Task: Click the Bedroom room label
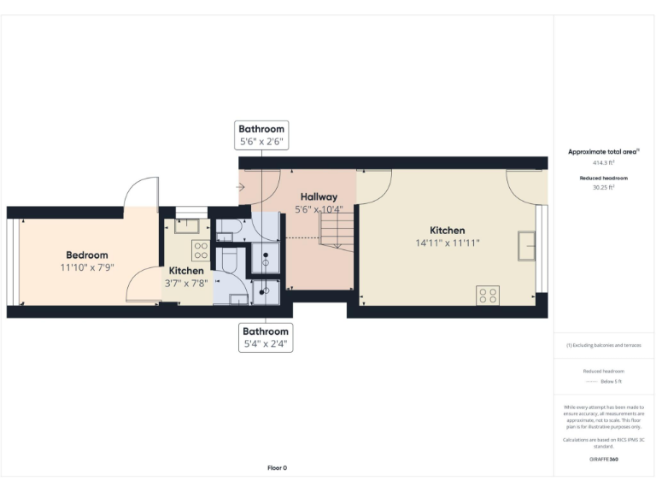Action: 87,255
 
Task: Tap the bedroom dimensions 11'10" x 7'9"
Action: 87,267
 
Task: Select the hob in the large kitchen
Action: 488,295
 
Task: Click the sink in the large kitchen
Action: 525,246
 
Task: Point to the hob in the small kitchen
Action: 201,250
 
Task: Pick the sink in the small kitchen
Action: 187,226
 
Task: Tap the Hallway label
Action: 319,196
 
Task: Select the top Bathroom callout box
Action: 261,135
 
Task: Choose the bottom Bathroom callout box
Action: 266,337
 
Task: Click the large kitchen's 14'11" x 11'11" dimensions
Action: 447,243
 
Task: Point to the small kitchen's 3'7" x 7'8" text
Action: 186,283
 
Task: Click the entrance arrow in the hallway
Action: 243,186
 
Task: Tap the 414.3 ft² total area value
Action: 604,161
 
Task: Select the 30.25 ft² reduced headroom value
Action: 604,187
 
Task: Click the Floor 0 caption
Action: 277,468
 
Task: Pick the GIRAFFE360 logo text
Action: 604,460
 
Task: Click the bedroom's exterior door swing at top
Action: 140,192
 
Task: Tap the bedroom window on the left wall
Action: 11,261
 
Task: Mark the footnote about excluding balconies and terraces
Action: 604,345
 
